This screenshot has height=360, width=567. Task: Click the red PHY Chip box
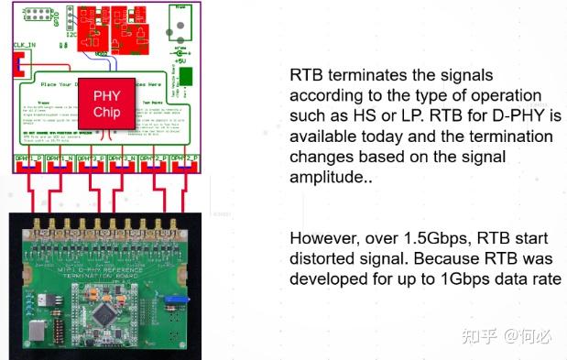tap(106, 103)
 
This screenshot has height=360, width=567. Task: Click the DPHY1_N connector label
tap(58, 158)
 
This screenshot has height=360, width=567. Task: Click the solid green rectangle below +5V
tap(186, 76)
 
